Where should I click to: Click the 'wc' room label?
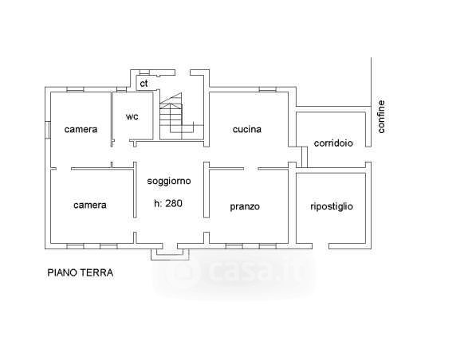coord(132,116)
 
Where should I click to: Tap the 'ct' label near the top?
coord(144,84)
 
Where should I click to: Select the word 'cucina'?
coord(247,129)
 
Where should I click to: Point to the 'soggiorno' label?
coord(169,181)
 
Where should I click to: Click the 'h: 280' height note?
coord(168,203)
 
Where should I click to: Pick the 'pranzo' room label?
coord(245,206)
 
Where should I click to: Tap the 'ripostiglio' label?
coord(332,206)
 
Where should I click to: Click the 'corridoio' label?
coord(333,143)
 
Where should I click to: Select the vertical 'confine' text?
coord(381,116)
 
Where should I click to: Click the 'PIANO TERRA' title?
coord(81,272)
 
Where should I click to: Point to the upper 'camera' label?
coord(81,130)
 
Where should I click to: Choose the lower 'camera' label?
coord(90,205)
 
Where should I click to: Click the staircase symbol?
coord(182,116)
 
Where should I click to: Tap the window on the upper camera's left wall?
coord(48,130)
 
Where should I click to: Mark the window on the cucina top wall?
coord(267,89)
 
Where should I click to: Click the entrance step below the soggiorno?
coord(170,254)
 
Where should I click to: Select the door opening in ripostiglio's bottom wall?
coord(321,246)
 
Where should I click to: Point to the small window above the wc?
coord(121,89)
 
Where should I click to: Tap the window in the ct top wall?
coord(144,72)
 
